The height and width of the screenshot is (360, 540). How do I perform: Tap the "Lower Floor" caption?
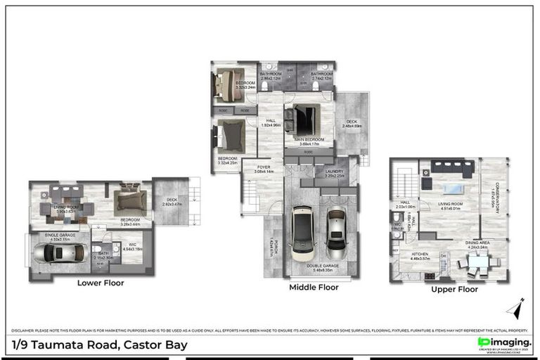[x=101, y=283]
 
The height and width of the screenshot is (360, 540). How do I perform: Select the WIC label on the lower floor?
[x=133, y=245]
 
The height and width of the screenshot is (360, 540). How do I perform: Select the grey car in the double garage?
[x=336, y=231]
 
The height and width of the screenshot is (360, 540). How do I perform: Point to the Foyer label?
[x=262, y=168]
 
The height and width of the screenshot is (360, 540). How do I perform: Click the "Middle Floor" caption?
[x=314, y=288]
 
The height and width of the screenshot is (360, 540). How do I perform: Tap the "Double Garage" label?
[x=325, y=266]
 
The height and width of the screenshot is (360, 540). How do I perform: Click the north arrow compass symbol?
[x=517, y=309]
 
